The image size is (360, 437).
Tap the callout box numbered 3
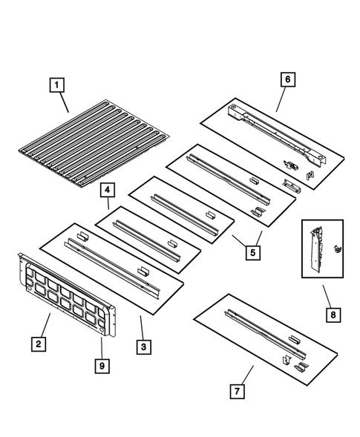143,344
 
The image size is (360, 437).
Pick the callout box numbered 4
107,190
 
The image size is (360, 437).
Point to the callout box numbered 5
253,252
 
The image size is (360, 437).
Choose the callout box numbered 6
287,79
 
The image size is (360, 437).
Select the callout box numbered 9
101,364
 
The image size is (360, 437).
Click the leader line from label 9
101,348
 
